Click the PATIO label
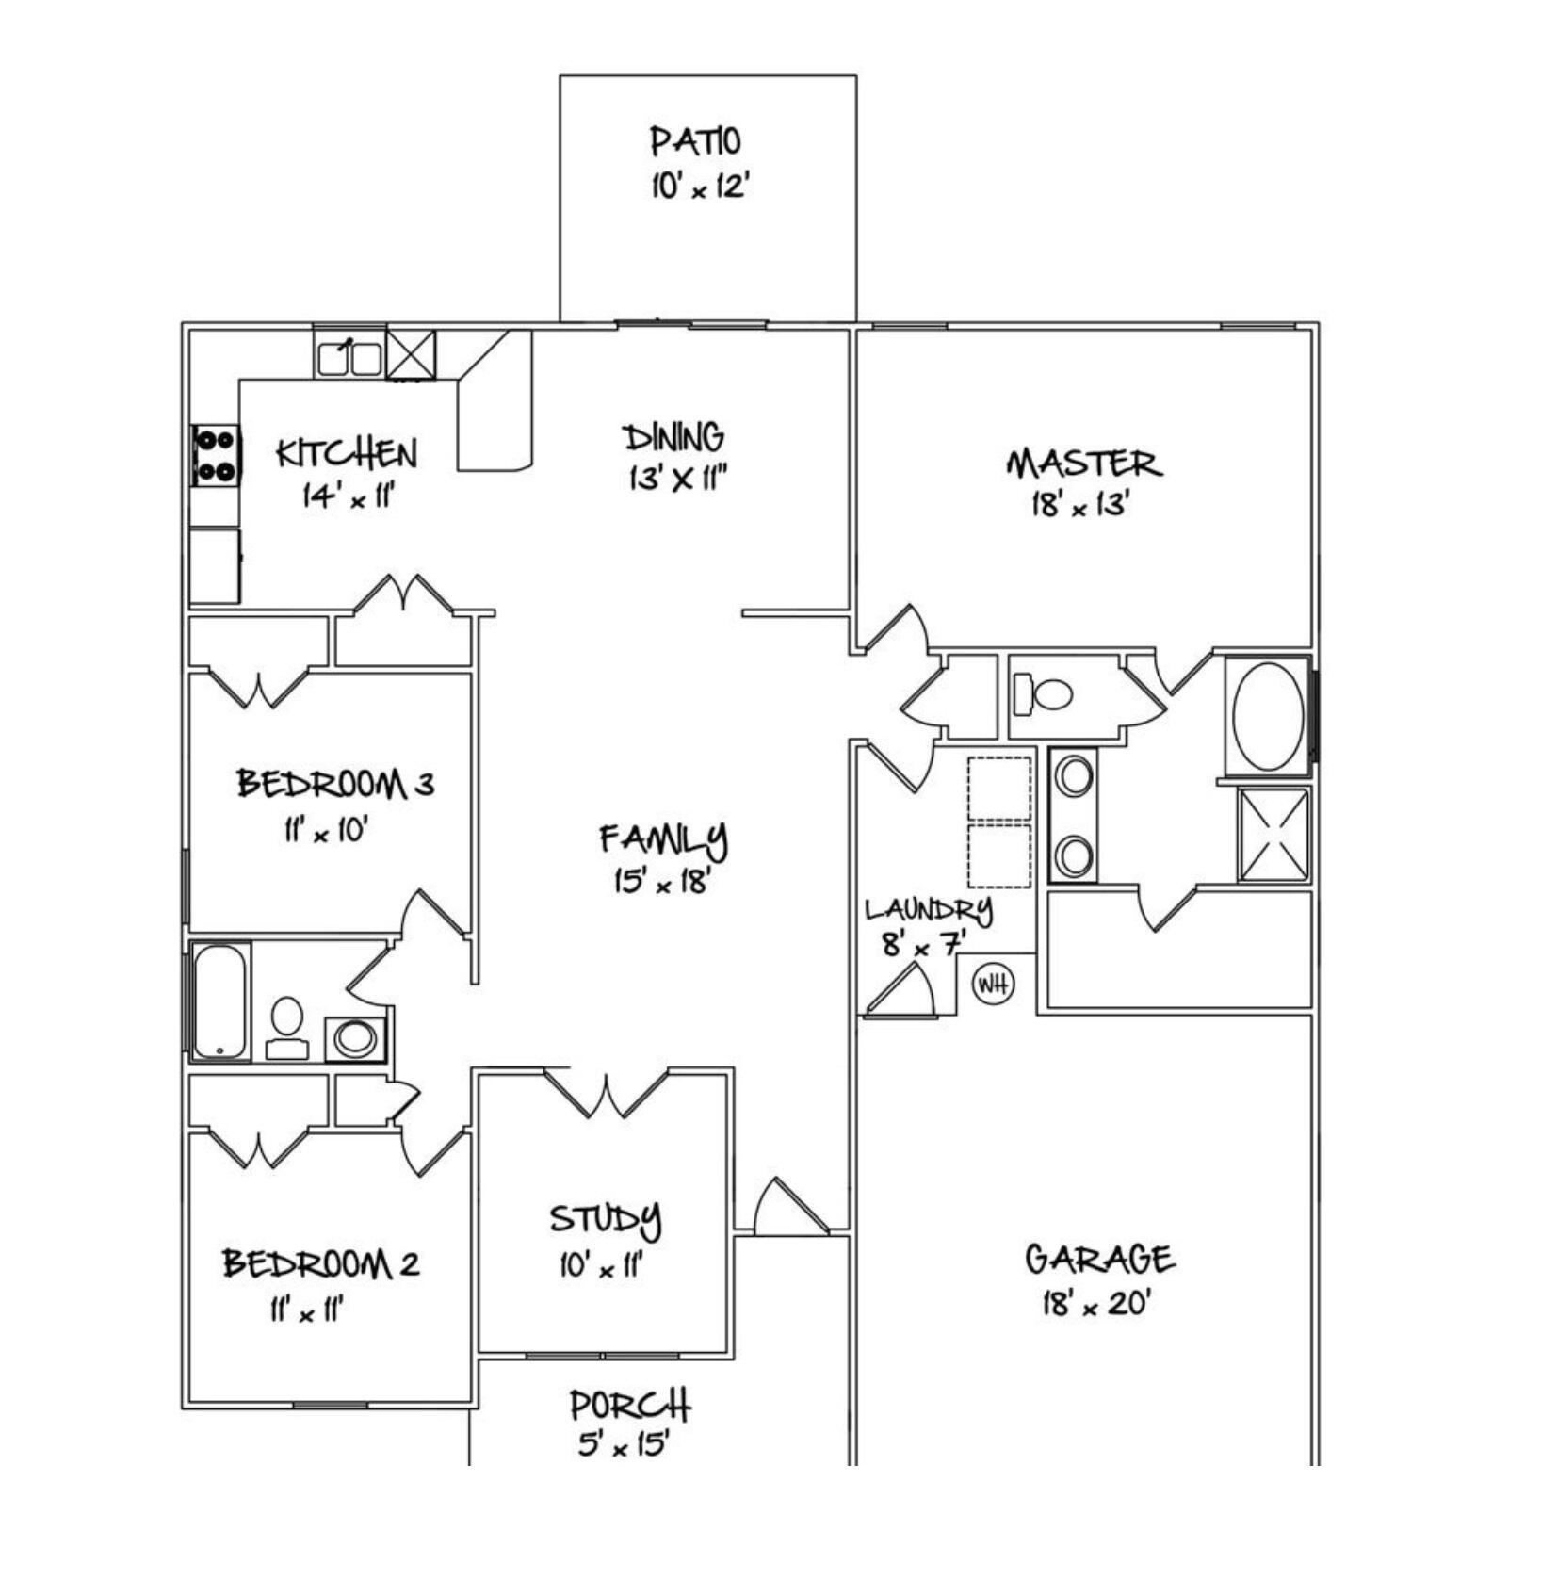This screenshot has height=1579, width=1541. coord(695,141)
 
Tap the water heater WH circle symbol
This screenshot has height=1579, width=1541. coord(993,985)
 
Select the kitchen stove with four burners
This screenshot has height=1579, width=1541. coord(215,455)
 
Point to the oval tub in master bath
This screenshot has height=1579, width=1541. coord(1268,716)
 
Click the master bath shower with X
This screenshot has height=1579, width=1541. coord(1273,835)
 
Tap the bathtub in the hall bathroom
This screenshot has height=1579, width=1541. coord(220,1001)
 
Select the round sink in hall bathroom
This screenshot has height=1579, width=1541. coord(355,1038)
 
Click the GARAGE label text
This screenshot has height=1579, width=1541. coord(1098,1259)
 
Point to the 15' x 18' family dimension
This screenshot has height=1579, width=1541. coord(661,882)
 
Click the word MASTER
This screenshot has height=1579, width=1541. coord(1083,464)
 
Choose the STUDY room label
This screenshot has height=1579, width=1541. coord(605,1219)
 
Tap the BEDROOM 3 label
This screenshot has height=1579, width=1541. coord(335,783)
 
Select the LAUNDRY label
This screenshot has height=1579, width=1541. coord(928,910)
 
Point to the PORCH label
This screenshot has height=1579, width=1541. coord(630,1406)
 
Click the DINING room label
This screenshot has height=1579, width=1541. coord(673,438)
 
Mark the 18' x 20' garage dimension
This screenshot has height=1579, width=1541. coord(1096,1305)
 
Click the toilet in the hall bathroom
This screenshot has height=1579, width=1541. coord(287,1025)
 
